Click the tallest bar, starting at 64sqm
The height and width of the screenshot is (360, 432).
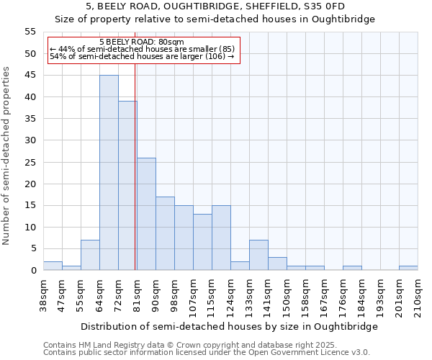[109, 173]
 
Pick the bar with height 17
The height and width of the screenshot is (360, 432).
[165, 233]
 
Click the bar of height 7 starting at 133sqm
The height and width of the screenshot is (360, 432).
[258, 255]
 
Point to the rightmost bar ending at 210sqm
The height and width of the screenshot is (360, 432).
[408, 268]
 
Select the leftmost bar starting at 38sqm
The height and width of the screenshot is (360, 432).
[53, 266]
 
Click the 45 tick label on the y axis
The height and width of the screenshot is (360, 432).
[30, 76]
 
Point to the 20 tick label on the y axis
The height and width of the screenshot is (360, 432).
[30, 184]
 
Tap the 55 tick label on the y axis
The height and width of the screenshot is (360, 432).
[30, 32]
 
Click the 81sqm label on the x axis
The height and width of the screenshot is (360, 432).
[137, 292]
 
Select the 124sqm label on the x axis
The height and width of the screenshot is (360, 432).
[230, 294]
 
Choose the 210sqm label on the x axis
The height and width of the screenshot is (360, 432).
[418, 294]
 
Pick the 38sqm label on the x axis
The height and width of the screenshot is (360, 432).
[43, 292]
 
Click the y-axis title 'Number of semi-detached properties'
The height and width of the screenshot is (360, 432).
[7, 156]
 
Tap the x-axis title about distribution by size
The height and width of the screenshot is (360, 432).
[229, 326]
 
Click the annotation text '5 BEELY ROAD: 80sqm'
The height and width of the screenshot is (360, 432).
[142, 42]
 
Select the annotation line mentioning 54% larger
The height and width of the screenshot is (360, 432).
[142, 57]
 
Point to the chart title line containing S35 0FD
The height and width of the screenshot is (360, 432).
[215, 6]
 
